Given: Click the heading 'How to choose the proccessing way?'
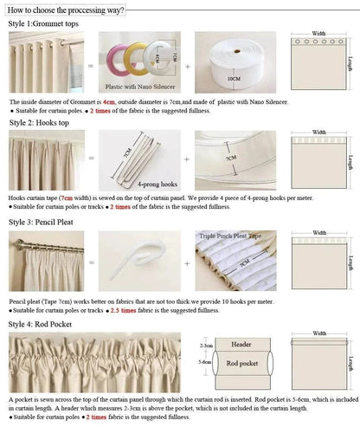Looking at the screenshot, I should pos(66,10).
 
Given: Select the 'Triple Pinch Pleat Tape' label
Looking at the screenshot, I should pos(232,236).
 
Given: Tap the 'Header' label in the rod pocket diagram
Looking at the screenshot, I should pos(241,344).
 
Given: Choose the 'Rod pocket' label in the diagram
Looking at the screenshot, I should pos(241,364).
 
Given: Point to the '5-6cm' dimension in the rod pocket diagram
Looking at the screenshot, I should pos(205,363).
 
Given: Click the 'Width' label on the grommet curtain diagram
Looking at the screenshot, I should pos(318,30).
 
